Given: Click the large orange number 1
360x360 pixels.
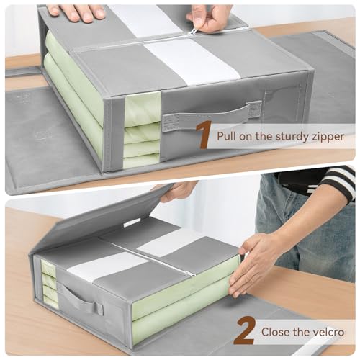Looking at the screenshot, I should pos(204,135).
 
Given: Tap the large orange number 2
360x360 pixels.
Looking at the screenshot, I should pos(244,332).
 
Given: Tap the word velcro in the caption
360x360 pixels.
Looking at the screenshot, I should pos(329,333).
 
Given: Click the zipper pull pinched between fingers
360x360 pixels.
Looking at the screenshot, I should pos(194,31).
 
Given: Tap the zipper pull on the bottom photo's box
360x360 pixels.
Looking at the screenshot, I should pos(189,274).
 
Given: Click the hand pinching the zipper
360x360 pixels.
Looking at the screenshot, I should pos(210,16).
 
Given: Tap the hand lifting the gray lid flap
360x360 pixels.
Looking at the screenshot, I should pos(176,191).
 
